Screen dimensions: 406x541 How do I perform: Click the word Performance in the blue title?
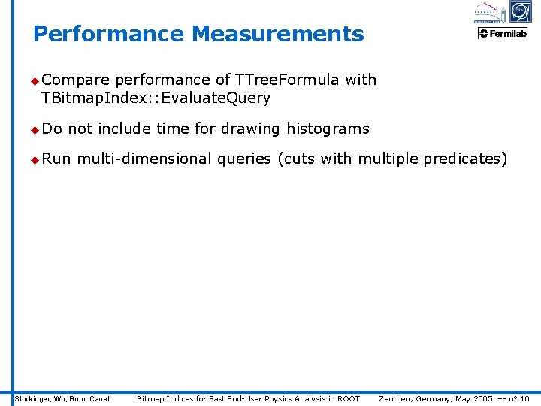[x=109, y=34]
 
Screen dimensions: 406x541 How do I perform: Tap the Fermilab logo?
[x=503, y=33]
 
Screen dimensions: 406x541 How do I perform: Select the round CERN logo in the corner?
[x=520, y=11]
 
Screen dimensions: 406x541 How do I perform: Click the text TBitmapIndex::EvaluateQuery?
[x=156, y=98]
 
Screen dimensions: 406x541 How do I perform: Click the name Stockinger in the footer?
[x=32, y=398]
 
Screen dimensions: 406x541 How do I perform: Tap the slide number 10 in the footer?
[x=524, y=398]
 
